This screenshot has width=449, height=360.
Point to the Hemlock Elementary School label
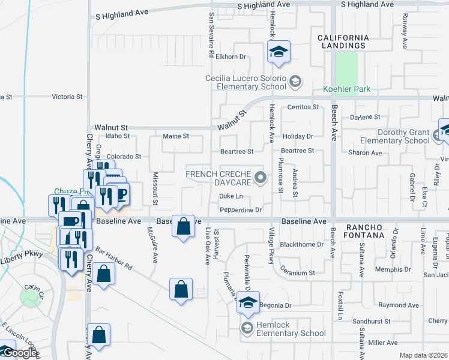[x=291, y=333]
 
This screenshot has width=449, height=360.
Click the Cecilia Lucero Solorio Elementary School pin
[x=295, y=81]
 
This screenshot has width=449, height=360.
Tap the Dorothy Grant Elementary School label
[x=394, y=137]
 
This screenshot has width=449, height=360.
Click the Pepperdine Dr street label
[x=241, y=210]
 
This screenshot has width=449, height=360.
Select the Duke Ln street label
[x=231, y=196]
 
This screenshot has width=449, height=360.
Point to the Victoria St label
[x=67, y=97]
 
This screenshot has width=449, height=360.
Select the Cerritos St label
[x=303, y=107]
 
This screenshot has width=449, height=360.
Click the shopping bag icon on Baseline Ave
[x=184, y=226]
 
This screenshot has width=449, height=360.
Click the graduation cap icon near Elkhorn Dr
[x=279, y=52]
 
